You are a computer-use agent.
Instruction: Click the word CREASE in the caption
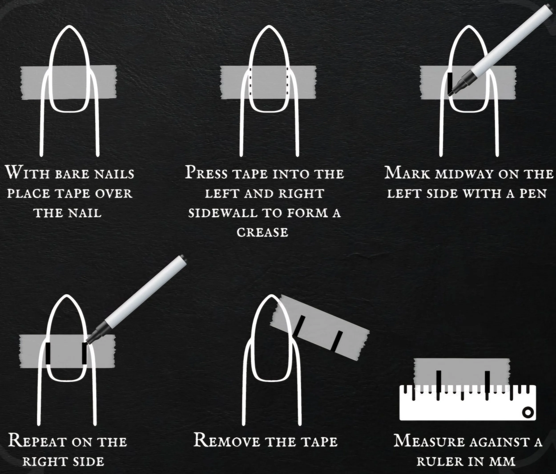pyautogui.click(x=262, y=232)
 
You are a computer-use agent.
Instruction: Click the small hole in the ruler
pyautogui.click(x=527, y=412)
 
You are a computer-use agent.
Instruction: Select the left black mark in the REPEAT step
pyautogui.click(x=48, y=353)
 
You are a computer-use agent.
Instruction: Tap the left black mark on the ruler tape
pyautogui.click(x=439, y=385)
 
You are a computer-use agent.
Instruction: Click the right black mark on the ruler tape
pyautogui.click(x=487, y=385)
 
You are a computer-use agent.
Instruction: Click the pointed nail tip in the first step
pyautogui.click(x=69, y=26)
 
